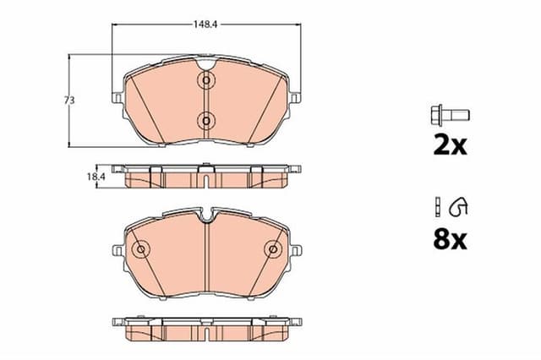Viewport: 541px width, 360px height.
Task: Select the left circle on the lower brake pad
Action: coord(141,249)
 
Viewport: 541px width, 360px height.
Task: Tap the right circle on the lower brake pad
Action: coord(273,249)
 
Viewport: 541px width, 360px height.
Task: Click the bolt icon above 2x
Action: coord(450,114)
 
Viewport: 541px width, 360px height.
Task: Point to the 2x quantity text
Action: coord(450,145)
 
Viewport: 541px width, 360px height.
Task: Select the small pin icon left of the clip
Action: coord(437,205)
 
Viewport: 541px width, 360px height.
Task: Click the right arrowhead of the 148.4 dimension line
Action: coord(298,25)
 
